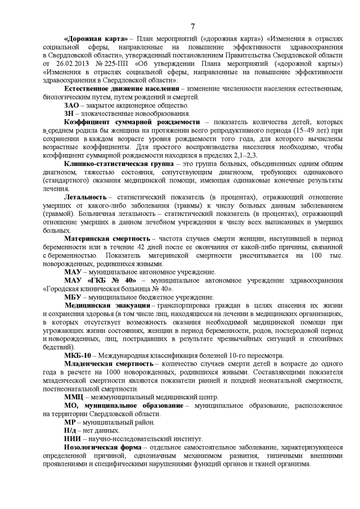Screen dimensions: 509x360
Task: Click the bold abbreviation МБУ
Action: pyautogui.click(x=73, y=296)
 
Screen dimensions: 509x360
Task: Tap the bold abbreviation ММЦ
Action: pyautogui.click(x=74, y=396)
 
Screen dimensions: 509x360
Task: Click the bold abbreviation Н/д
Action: pyautogui.click(x=71, y=430)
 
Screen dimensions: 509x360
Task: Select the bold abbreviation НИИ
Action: pyautogui.click(x=73, y=438)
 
